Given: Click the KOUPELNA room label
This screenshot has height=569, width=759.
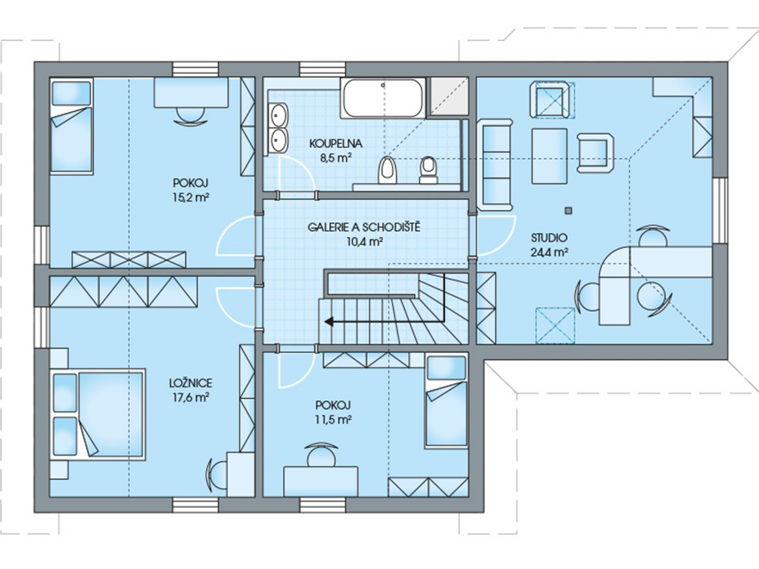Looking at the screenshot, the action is pyautogui.click(x=335, y=144).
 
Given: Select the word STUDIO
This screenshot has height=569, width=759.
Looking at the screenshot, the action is pyautogui.click(x=549, y=238).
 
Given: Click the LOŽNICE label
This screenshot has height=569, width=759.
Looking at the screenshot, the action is pyautogui.click(x=191, y=383).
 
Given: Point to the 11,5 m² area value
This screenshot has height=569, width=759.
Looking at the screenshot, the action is pyautogui.click(x=333, y=420).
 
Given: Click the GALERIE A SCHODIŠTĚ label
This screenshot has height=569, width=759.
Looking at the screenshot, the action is pyautogui.click(x=364, y=228).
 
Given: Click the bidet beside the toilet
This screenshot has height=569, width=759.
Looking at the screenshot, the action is pyautogui.click(x=429, y=169).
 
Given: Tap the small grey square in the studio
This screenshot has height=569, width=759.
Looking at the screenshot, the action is pyautogui.click(x=567, y=211).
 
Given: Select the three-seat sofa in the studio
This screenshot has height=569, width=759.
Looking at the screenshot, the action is pyautogui.click(x=495, y=165).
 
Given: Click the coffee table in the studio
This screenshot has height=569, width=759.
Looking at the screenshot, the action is pyautogui.click(x=549, y=156).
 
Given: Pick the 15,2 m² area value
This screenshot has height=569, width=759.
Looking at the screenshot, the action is pyautogui.click(x=191, y=198).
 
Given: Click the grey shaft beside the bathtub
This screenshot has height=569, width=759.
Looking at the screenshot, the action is pyautogui.click(x=449, y=97).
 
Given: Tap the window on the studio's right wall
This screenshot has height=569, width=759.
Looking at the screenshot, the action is pyautogui.click(x=720, y=211).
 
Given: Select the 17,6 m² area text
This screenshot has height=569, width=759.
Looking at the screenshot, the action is pyautogui.click(x=191, y=398).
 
